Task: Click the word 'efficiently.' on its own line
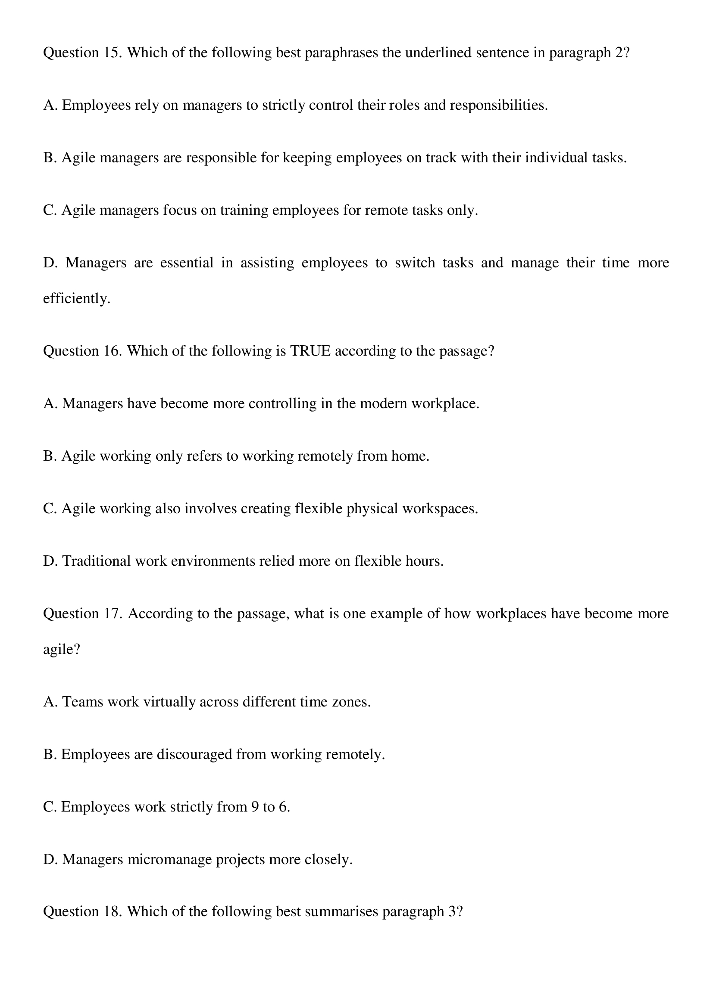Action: pos(76,298)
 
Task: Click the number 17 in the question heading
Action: pos(113,613)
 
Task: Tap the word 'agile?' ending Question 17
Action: pos(62,649)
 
